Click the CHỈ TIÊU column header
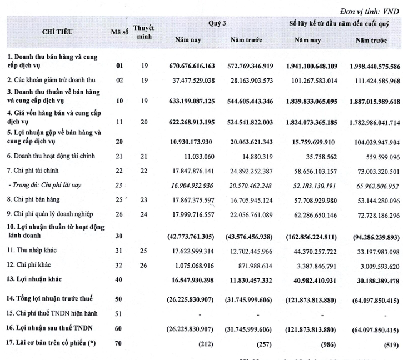[56, 32]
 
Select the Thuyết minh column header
[144, 32]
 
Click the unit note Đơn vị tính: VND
[369, 10]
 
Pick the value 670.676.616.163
[200, 67]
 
